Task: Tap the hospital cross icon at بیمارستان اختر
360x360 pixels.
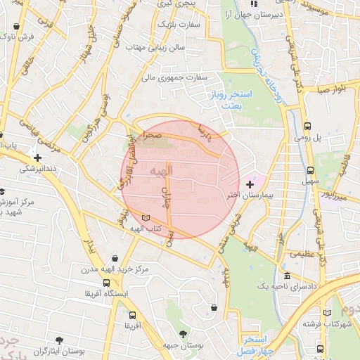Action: pos(250,184)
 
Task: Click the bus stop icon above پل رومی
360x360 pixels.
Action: pos(307,127)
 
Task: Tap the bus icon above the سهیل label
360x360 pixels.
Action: pos(310,170)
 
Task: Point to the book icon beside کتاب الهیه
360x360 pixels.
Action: pos(146,219)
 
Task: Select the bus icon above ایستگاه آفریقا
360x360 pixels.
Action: pos(104,282)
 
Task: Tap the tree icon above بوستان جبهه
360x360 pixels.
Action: pos(184,334)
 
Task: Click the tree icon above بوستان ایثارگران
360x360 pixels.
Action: pos(64,339)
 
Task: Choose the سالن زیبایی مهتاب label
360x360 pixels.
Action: pos(155,49)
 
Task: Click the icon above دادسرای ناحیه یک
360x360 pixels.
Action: pos(287,276)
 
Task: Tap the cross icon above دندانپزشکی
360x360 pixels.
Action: pos(37,157)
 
